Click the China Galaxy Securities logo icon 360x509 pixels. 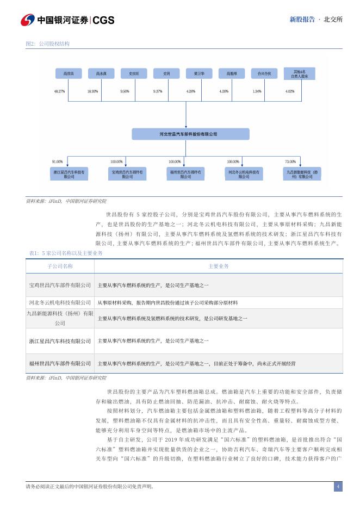(28, 20)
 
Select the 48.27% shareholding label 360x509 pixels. (60, 91)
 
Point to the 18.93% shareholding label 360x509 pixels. (92, 91)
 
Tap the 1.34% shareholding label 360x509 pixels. (257, 91)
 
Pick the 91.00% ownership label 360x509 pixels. (57, 162)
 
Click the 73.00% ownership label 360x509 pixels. (290, 162)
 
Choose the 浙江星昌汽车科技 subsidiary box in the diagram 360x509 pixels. (69, 174)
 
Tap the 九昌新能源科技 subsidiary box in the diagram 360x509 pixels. (303, 174)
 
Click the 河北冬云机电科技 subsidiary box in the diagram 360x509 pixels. (243, 174)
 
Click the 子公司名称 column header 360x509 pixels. (60, 266)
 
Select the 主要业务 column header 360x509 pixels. (219, 266)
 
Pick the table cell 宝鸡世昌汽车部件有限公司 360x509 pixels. (60, 285)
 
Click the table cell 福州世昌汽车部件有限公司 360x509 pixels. (60, 363)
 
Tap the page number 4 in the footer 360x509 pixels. (338, 486)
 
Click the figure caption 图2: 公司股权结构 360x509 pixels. (47, 44)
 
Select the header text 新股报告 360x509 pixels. (302, 20)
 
